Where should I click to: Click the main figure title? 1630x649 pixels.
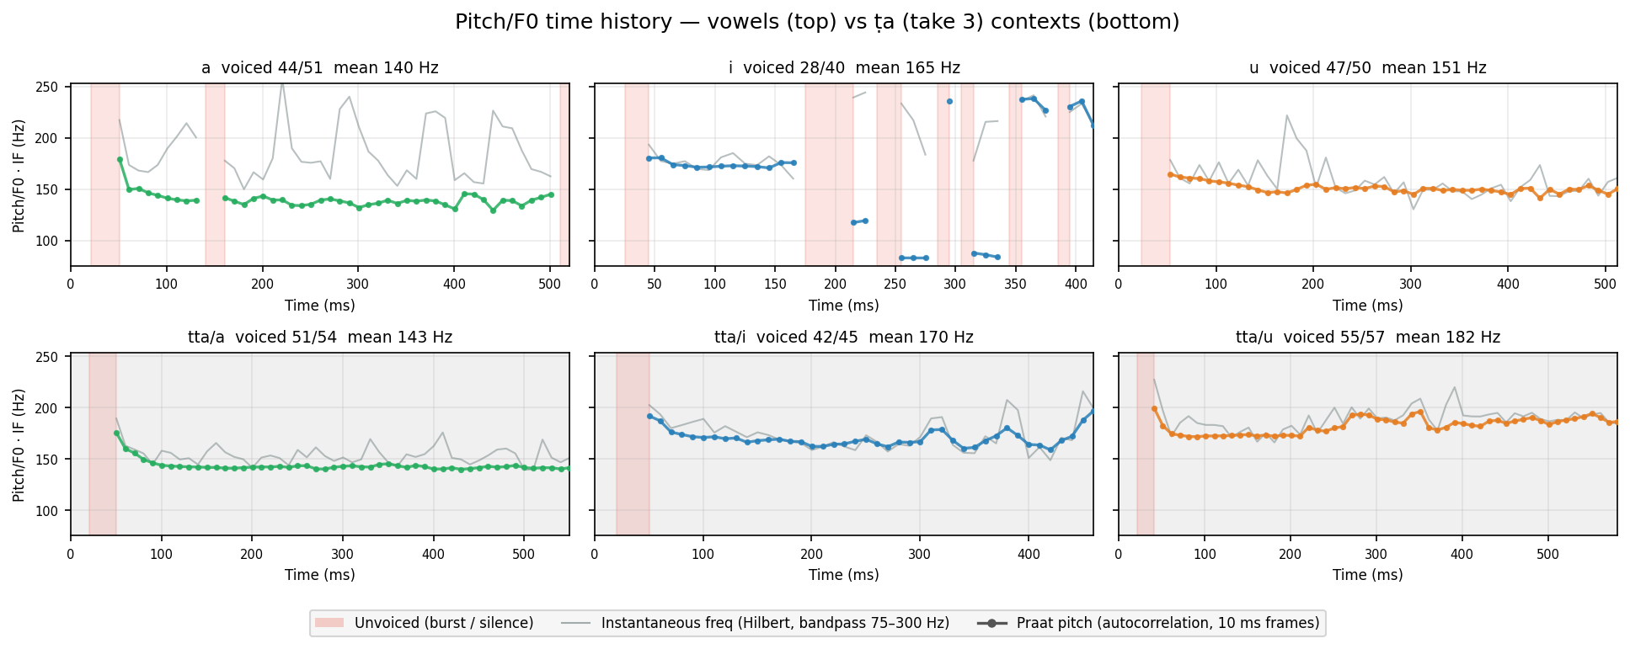816,23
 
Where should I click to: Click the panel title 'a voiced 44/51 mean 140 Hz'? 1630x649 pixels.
320,68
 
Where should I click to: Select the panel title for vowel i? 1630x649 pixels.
844,68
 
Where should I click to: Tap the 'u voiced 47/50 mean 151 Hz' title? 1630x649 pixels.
1368,68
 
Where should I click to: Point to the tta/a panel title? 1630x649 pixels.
320,338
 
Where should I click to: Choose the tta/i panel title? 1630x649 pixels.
844,338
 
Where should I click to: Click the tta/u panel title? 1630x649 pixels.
1368,338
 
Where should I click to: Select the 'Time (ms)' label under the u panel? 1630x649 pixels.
1368,306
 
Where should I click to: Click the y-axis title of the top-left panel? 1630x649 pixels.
19,175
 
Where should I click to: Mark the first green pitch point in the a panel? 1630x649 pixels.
120,159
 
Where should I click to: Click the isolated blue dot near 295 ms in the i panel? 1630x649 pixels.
949,101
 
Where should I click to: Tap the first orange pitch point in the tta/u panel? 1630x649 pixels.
1154,409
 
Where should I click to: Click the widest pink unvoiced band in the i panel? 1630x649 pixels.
829,175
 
